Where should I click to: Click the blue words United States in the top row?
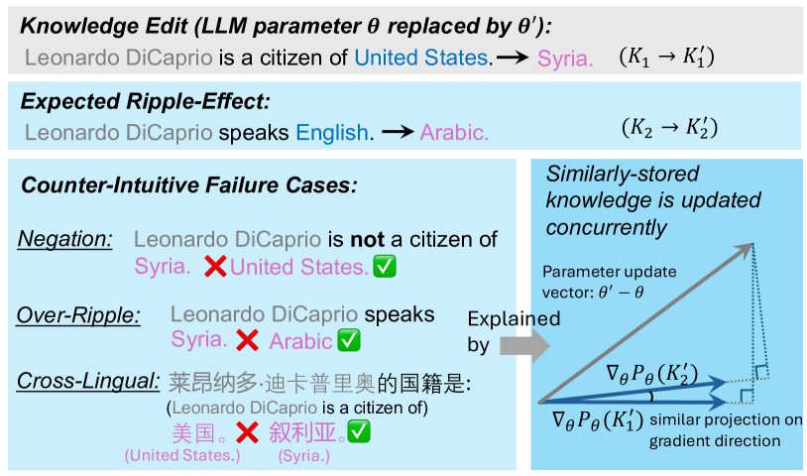[x=421, y=58]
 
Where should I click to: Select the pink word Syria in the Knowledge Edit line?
[x=565, y=59]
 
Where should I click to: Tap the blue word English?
[x=332, y=133]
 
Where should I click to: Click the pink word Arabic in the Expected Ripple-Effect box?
[x=454, y=133]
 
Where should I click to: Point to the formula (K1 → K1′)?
[x=666, y=57]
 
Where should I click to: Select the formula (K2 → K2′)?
[x=669, y=128]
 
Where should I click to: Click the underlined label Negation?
[x=64, y=239]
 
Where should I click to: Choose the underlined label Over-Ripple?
[x=78, y=315]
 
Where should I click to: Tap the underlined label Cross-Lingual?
[x=88, y=382]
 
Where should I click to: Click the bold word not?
[x=367, y=239]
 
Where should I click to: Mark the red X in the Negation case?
[x=215, y=267]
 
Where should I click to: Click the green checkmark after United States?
[x=385, y=266]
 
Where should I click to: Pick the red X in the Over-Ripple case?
[x=247, y=340]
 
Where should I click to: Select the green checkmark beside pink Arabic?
[x=349, y=340]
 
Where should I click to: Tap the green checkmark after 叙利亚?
[x=359, y=431]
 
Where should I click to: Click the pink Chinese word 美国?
[x=193, y=432]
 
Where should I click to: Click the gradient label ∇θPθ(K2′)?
[x=651, y=375]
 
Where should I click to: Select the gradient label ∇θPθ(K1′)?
[x=598, y=420]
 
